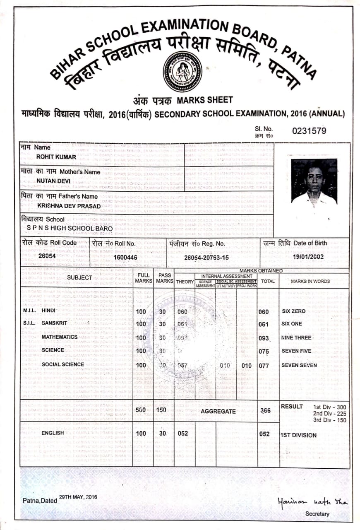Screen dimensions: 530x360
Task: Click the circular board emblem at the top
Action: pyautogui.click(x=182, y=71)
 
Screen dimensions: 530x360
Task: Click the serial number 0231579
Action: pyautogui.click(x=309, y=131)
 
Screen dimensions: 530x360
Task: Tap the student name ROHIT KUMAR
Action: pyautogui.click(x=56, y=157)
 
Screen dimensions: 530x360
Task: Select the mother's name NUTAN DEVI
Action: pyautogui.click(x=53, y=181)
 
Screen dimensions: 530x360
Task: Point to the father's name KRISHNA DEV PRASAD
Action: pyautogui.click(x=66, y=205)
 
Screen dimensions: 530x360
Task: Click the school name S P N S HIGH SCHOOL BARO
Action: pyautogui.click(x=70, y=228)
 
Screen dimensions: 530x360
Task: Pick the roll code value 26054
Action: pyautogui.click(x=47, y=255)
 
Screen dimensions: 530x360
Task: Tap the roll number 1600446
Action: pyautogui.click(x=125, y=257)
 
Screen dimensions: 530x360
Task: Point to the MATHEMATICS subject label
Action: pyautogui.click(x=60, y=337)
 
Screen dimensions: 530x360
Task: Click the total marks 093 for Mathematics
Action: pyautogui.click(x=264, y=338)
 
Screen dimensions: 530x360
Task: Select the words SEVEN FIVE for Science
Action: pyautogui.click(x=296, y=351)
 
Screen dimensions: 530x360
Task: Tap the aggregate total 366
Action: pyautogui.click(x=265, y=411)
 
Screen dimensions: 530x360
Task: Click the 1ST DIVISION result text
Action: pyautogui.click(x=298, y=435)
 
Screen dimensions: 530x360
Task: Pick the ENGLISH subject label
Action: pyautogui.click(x=53, y=433)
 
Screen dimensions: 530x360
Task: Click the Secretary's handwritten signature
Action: pyautogui.click(x=313, y=502)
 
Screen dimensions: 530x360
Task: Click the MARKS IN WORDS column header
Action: pyautogui.click(x=310, y=281)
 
